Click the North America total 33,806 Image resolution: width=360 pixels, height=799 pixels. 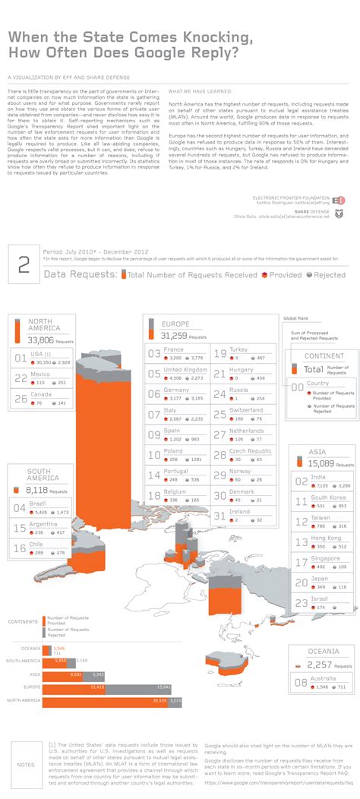point(43,340)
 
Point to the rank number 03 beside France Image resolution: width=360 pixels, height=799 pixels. point(153,354)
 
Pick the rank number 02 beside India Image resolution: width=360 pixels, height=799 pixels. point(302,481)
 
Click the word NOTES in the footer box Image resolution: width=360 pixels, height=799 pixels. point(25,764)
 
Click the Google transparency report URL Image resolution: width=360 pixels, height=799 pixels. point(278,782)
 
